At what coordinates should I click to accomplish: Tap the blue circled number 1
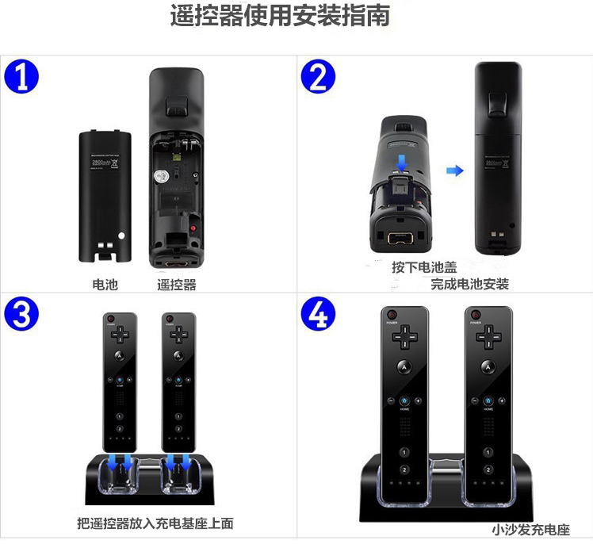(21, 78)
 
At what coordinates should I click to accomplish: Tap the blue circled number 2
(318, 78)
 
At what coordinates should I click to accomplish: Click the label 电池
(105, 284)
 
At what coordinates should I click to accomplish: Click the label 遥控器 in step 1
(176, 284)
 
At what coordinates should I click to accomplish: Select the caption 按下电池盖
(424, 267)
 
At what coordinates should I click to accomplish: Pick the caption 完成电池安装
(469, 284)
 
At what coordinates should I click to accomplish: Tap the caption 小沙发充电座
(530, 530)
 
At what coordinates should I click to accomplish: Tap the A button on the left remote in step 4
(404, 368)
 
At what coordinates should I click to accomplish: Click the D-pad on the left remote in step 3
(120, 335)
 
